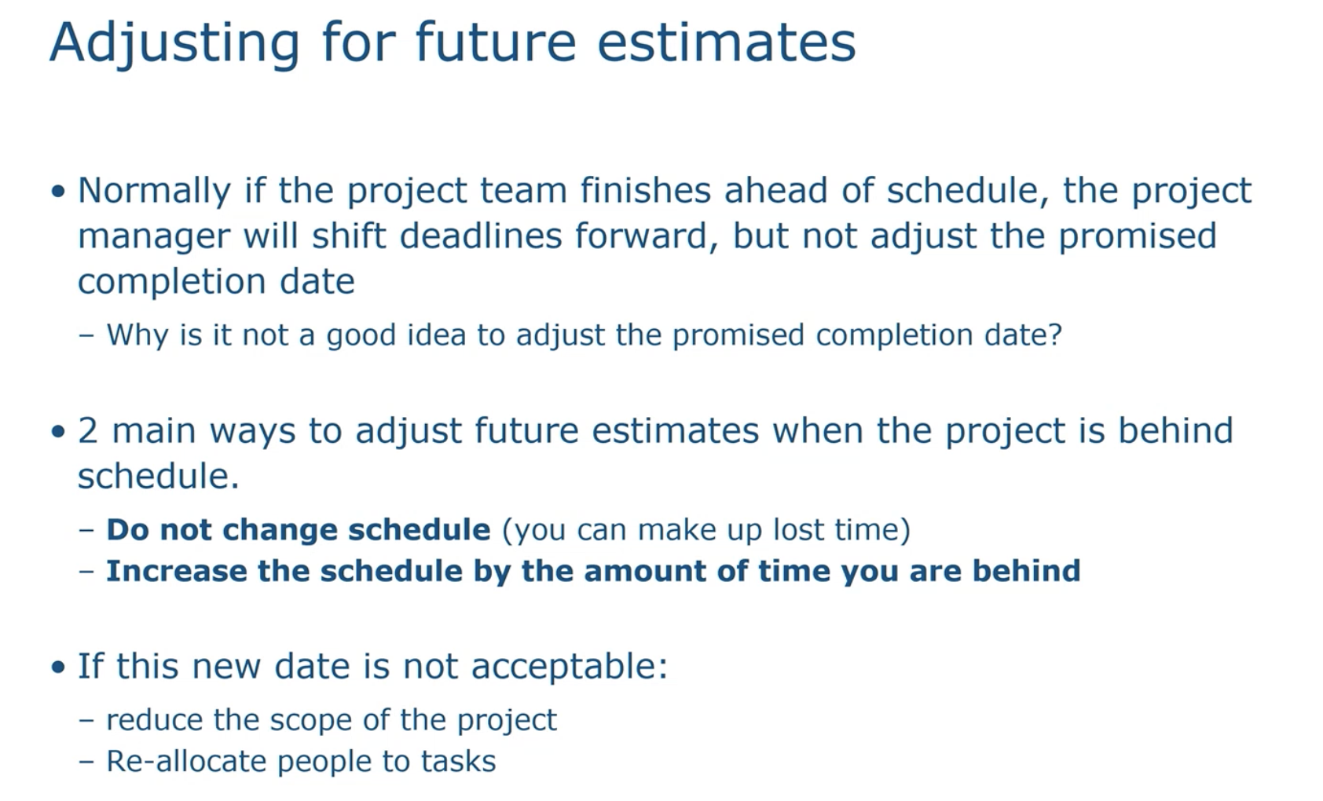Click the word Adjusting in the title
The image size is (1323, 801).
pos(175,44)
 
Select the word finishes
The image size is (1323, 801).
pos(646,190)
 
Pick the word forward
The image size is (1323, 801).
pos(646,236)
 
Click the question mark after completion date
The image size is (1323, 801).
pos(1055,334)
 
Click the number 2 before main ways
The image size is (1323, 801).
pos(87,430)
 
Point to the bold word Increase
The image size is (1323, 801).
pos(176,571)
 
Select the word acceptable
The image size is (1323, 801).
pos(569,667)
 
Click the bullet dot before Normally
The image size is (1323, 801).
pos(58,192)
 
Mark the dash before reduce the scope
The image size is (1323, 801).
pos(86,721)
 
